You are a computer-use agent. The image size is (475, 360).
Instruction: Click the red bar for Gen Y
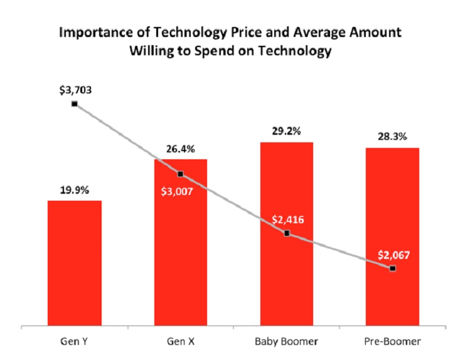point(74,263)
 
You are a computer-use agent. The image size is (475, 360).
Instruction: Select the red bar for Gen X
point(180,251)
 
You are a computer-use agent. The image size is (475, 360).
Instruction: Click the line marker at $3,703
point(74,104)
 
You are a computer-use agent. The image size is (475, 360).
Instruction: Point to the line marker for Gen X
point(180,174)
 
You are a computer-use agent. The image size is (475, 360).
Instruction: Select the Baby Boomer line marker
point(287,233)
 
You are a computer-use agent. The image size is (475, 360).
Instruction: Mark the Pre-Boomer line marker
point(393,268)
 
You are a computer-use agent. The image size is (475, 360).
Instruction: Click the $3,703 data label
point(75,90)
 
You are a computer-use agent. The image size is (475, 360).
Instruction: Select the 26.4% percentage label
point(180,149)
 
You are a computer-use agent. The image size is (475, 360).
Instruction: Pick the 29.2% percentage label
point(287,132)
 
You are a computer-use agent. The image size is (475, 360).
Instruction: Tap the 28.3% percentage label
point(393,137)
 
